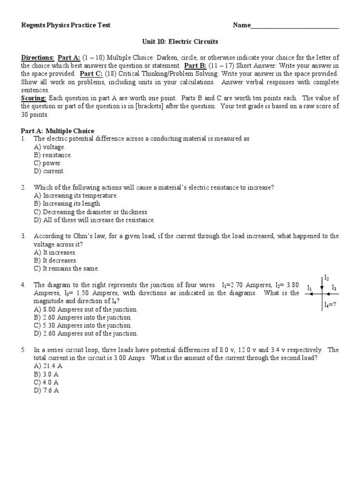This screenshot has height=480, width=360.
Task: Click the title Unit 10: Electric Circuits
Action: pyautogui.click(x=180, y=42)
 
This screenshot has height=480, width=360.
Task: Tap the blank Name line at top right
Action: pyautogui.click(x=295, y=26)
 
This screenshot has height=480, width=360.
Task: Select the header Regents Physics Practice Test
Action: pyautogui.click(x=66, y=25)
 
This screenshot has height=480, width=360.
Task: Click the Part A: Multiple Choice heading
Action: pyautogui.click(x=58, y=131)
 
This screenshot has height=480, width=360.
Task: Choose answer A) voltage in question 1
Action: pyautogui.click(x=50, y=147)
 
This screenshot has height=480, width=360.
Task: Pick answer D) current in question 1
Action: pyautogui.click(x=49, y=171)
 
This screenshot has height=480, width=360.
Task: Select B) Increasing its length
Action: pyautogui.click(x=67, y=204)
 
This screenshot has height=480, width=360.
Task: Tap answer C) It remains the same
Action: pyautogui.click(x=66, y=269)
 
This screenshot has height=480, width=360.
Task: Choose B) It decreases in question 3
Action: pyautogui.click(x=55, y=261)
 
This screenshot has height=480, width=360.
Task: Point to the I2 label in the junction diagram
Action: pyautogui.click(x=327, y=278)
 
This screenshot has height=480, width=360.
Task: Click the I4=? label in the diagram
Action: pyautogui.click(x=330, y=305)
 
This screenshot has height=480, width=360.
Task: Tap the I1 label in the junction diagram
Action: pyautogui.click(x=309, y=287)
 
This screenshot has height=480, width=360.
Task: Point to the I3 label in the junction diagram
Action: pyautogui.click(x=334, y=287)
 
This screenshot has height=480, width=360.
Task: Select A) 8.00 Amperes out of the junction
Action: pyautogui.click(x=86, y=309)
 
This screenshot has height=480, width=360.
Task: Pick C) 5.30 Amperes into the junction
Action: pyautogui.click(x=82, y=325)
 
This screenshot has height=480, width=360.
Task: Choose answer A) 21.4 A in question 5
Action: pyautogui.click(x=46, y=366)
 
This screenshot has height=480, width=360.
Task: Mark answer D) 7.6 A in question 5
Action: pyautogui.click(x=46, y=390)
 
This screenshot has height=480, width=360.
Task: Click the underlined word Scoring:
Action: pyautogui.click(x=34, y=98)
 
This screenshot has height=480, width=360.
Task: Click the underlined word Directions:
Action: pyautogui.click(x=37, y=58)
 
